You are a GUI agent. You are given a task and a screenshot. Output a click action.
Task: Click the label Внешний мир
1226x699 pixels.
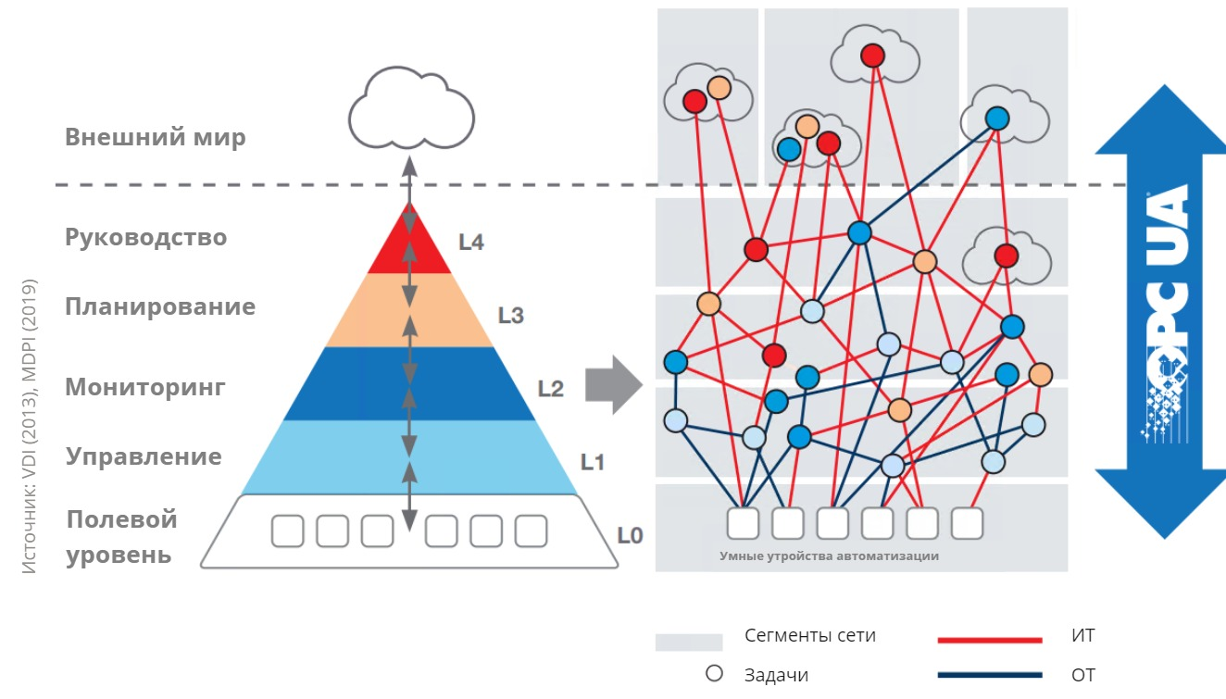click(x=155, y=138)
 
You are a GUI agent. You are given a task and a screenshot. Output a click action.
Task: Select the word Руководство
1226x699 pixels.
click(x=145, y=237)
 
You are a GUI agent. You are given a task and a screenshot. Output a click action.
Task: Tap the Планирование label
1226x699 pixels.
click(x=159, y=306)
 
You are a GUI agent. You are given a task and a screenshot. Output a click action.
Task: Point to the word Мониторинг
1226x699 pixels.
click(x=144, y=387)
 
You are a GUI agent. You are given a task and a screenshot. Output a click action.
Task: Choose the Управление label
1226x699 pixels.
click(x=144, y=456)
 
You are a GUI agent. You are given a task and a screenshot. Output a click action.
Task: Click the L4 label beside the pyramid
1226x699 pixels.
click(x=471, y=243)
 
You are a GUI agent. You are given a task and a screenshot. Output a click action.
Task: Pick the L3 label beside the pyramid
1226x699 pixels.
click(x=510, y=316)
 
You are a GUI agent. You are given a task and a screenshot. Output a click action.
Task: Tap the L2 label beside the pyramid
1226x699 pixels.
click(x=550, y=389)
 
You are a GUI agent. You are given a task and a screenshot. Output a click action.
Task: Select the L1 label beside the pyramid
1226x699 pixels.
click(x=592, y=461)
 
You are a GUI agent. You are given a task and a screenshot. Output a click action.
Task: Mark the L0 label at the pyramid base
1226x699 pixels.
click(x=630, y=535)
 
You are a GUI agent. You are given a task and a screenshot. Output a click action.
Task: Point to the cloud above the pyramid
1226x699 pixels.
click(x=411, y=111)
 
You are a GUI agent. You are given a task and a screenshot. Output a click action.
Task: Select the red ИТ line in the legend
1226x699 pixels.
click(x=990, y=639)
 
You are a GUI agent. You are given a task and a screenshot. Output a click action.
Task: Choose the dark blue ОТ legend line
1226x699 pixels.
click(x=990, y=675)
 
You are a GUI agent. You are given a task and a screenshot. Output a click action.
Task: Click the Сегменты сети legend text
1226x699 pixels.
click(x=809, y=636)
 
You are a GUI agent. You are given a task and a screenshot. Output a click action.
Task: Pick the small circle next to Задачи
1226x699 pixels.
click(x=714, y=673)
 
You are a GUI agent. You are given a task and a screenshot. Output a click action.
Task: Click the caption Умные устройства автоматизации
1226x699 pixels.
click(x=829, y=556)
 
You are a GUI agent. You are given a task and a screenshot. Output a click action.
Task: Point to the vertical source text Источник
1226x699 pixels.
click(x=31, y=426)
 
